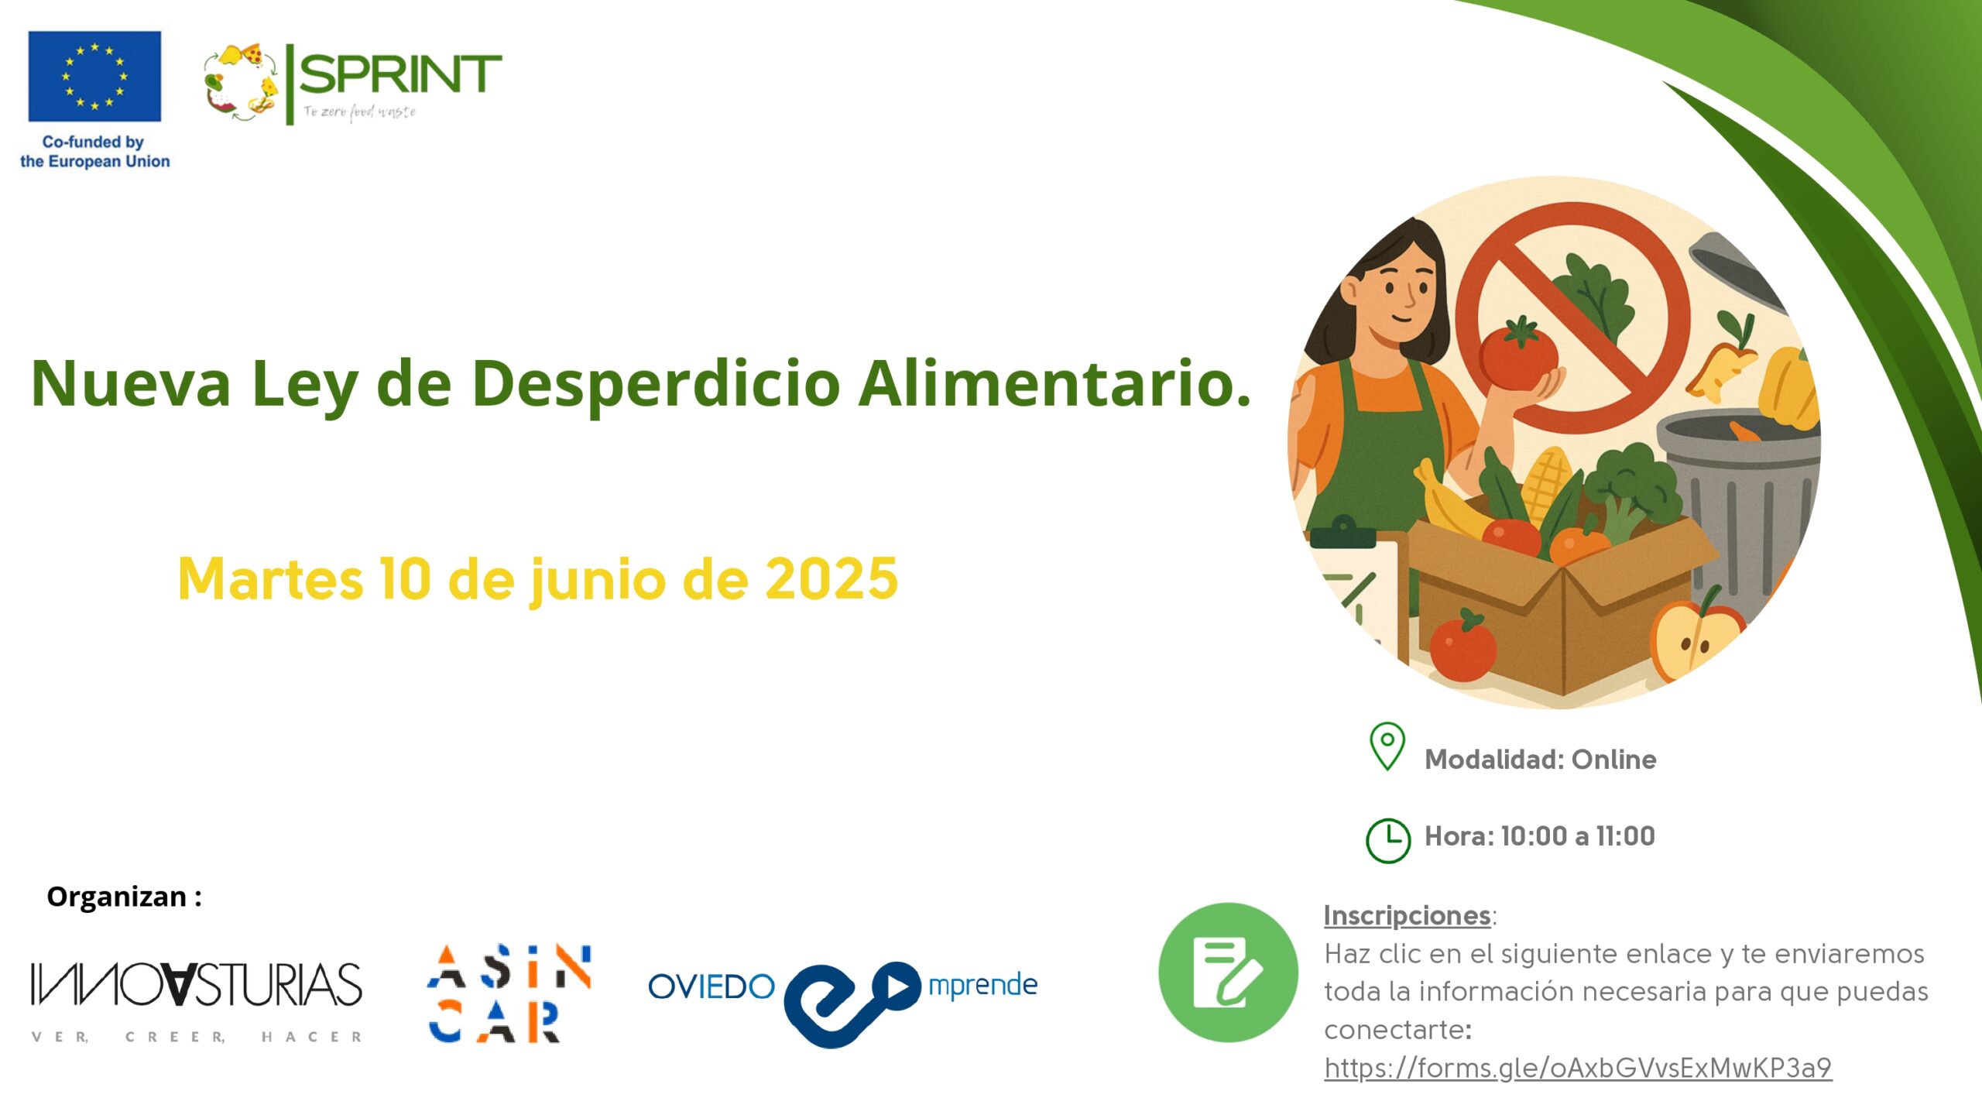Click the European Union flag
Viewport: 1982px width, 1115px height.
(x=94, y=77)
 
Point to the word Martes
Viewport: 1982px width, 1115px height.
(x=270, y=578)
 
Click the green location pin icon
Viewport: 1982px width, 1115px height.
(x=1387, y=746)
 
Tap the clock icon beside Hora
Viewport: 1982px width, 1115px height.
(x=1388, y=840)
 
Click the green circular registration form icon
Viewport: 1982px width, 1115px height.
(x=1228, y=973)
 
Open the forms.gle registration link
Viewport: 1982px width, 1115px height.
(x=1578, y=1068)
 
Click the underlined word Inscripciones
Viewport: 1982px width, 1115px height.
(x=1407, y=915)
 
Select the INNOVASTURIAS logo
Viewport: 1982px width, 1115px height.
(x=196, y=1001)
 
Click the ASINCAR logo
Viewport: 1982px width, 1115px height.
(x=509, y=993)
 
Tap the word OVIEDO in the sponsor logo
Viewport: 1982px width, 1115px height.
(x=712, y=986)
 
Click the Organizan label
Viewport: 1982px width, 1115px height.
(x=124, y=897)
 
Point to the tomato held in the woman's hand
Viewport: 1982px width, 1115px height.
(x=1517, y=355)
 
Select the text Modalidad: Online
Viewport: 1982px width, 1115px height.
(x=1540, y=760)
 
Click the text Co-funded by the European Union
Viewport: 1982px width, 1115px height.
(x=94, y=152)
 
